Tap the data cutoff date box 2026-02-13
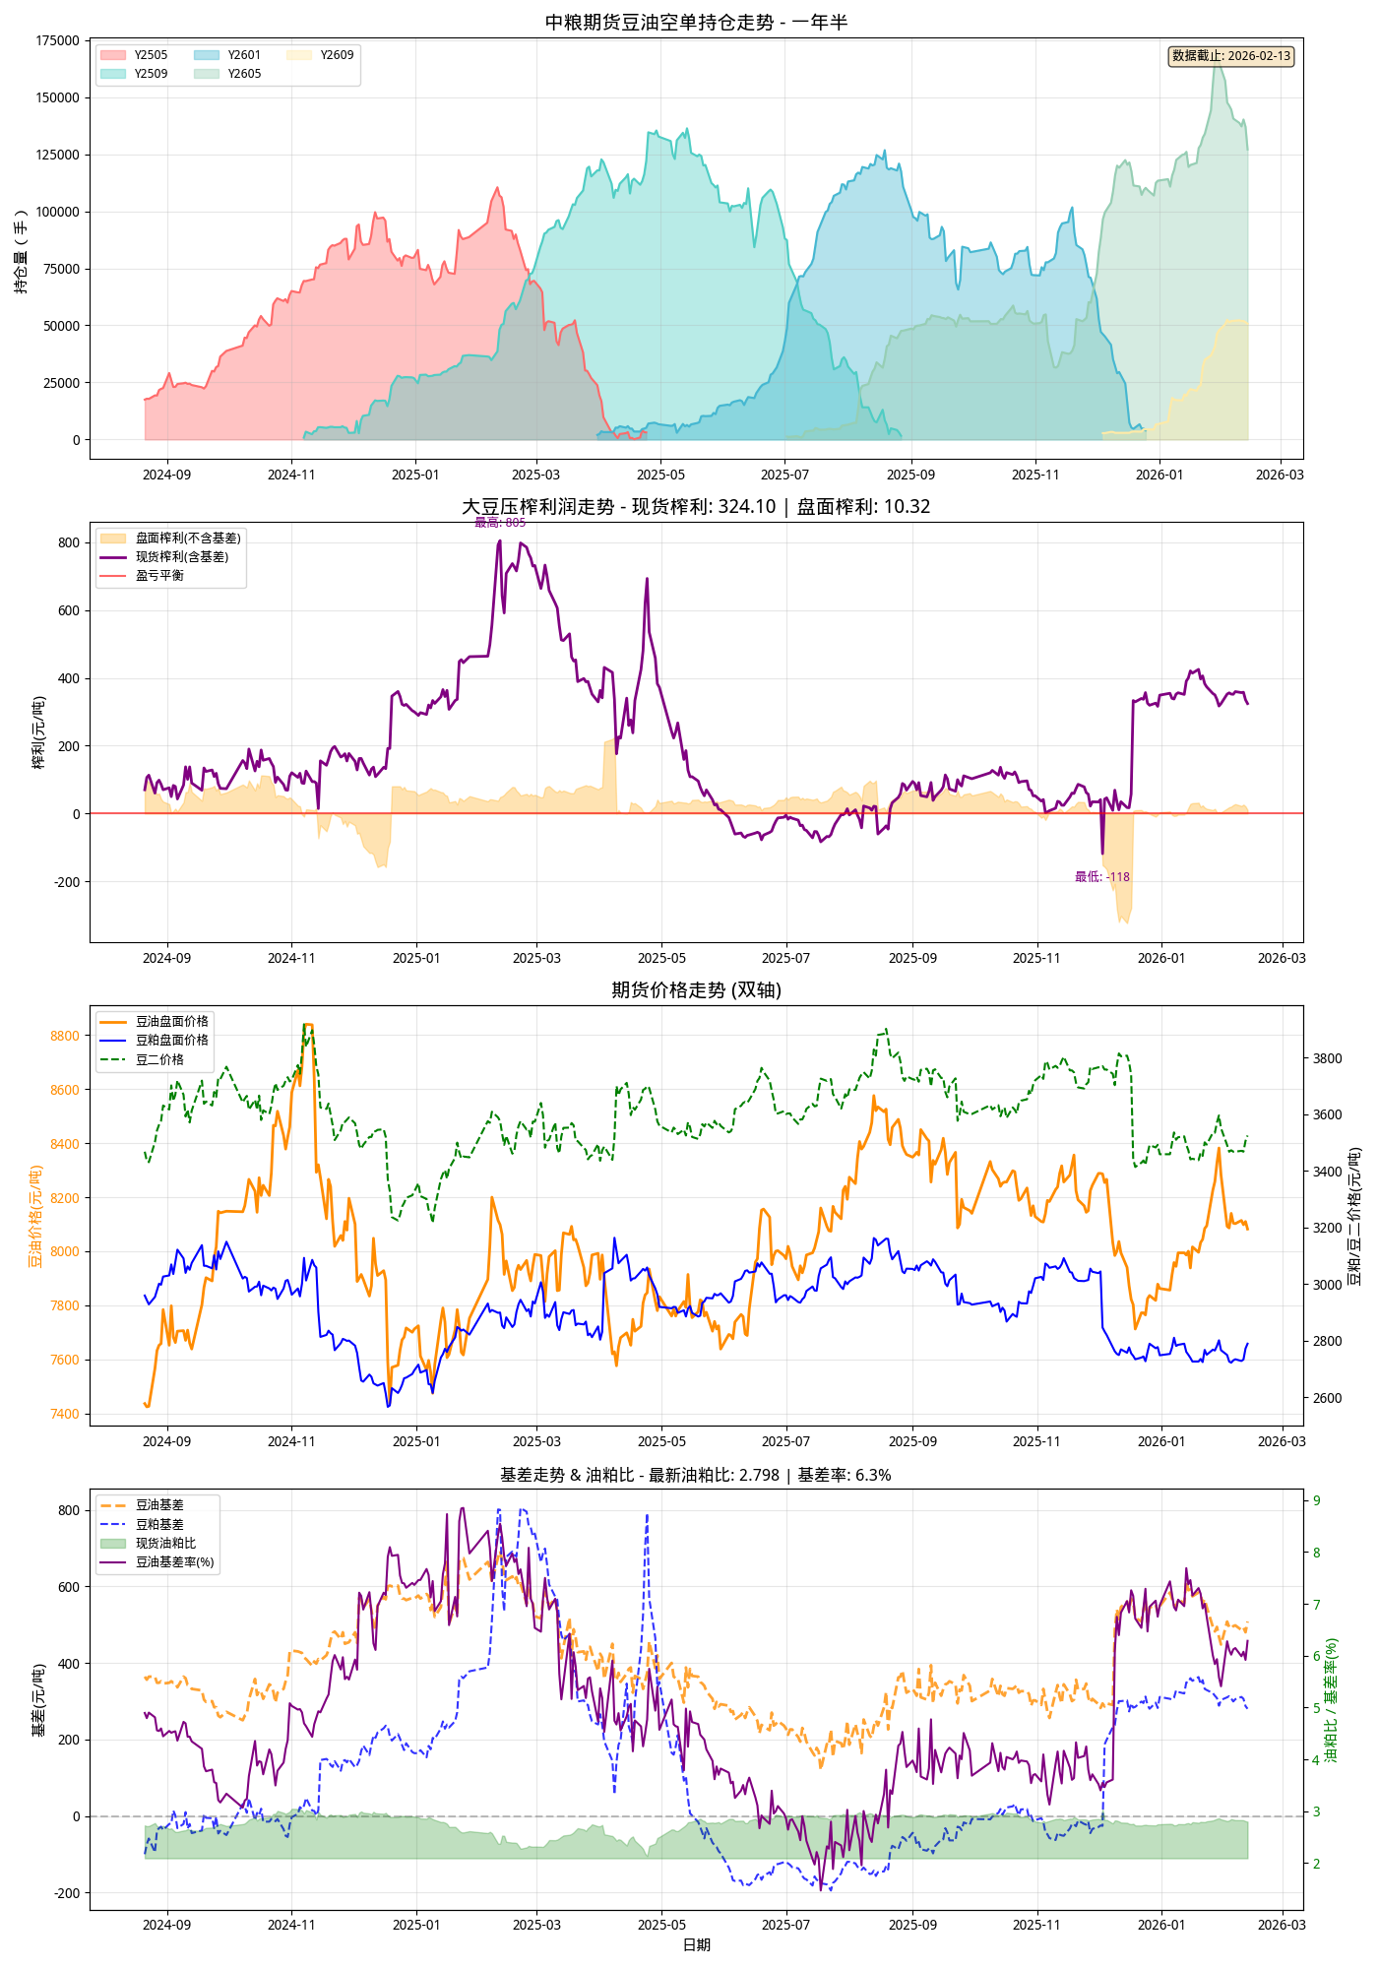[1230, 56]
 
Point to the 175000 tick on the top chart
[58, 40]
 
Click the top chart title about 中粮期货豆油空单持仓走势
[696, 22]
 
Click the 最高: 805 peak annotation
[500, 523]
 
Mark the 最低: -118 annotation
[1101, 877]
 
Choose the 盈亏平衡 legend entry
[159, 576]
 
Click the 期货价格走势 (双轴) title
[696, 989]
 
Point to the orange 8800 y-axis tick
[64, 1036]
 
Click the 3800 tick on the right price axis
[1327, 1058]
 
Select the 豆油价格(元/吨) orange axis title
[35, 1216]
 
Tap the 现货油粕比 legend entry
[165, 1543]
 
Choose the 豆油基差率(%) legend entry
[174, 1561]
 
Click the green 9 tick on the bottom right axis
[1317, 1500]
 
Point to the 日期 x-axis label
[696, 1944]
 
